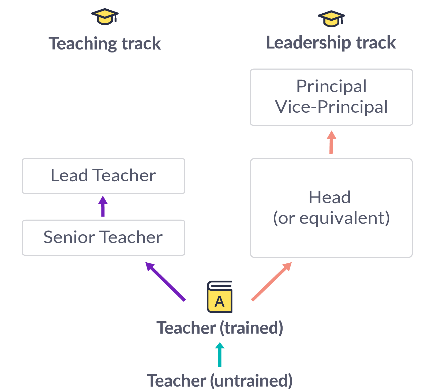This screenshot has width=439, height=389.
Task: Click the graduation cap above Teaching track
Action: pos(105,17)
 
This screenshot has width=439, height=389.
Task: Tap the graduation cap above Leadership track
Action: pos(331,19)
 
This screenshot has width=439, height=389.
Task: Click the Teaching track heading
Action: pos(105,43)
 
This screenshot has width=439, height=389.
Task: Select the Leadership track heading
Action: pos(331,43)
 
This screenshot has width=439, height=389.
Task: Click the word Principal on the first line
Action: pos(331,86)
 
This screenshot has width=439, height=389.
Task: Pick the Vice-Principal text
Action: pos(331,107)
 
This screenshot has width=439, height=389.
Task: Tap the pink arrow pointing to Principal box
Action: pos(331,142)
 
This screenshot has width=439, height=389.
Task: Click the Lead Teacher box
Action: pos(104,176)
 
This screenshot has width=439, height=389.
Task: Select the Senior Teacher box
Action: pos(104,237)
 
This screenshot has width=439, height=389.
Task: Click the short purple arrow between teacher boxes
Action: pos(103,206)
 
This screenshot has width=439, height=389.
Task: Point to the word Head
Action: pos(330,197)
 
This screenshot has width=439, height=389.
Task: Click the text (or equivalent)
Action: pos(331,218)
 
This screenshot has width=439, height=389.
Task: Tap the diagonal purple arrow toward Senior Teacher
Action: pos(165,281)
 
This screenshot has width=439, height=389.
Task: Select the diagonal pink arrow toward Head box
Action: pos(271,281)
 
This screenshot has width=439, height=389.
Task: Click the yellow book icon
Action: pos(220,297)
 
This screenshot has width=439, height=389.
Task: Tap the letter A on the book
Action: pos(219,302)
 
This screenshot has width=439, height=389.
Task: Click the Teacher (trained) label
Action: pos(220,328)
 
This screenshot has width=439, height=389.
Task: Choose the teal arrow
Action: pos(220,355)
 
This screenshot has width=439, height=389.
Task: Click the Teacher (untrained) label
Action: pos(220,380)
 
